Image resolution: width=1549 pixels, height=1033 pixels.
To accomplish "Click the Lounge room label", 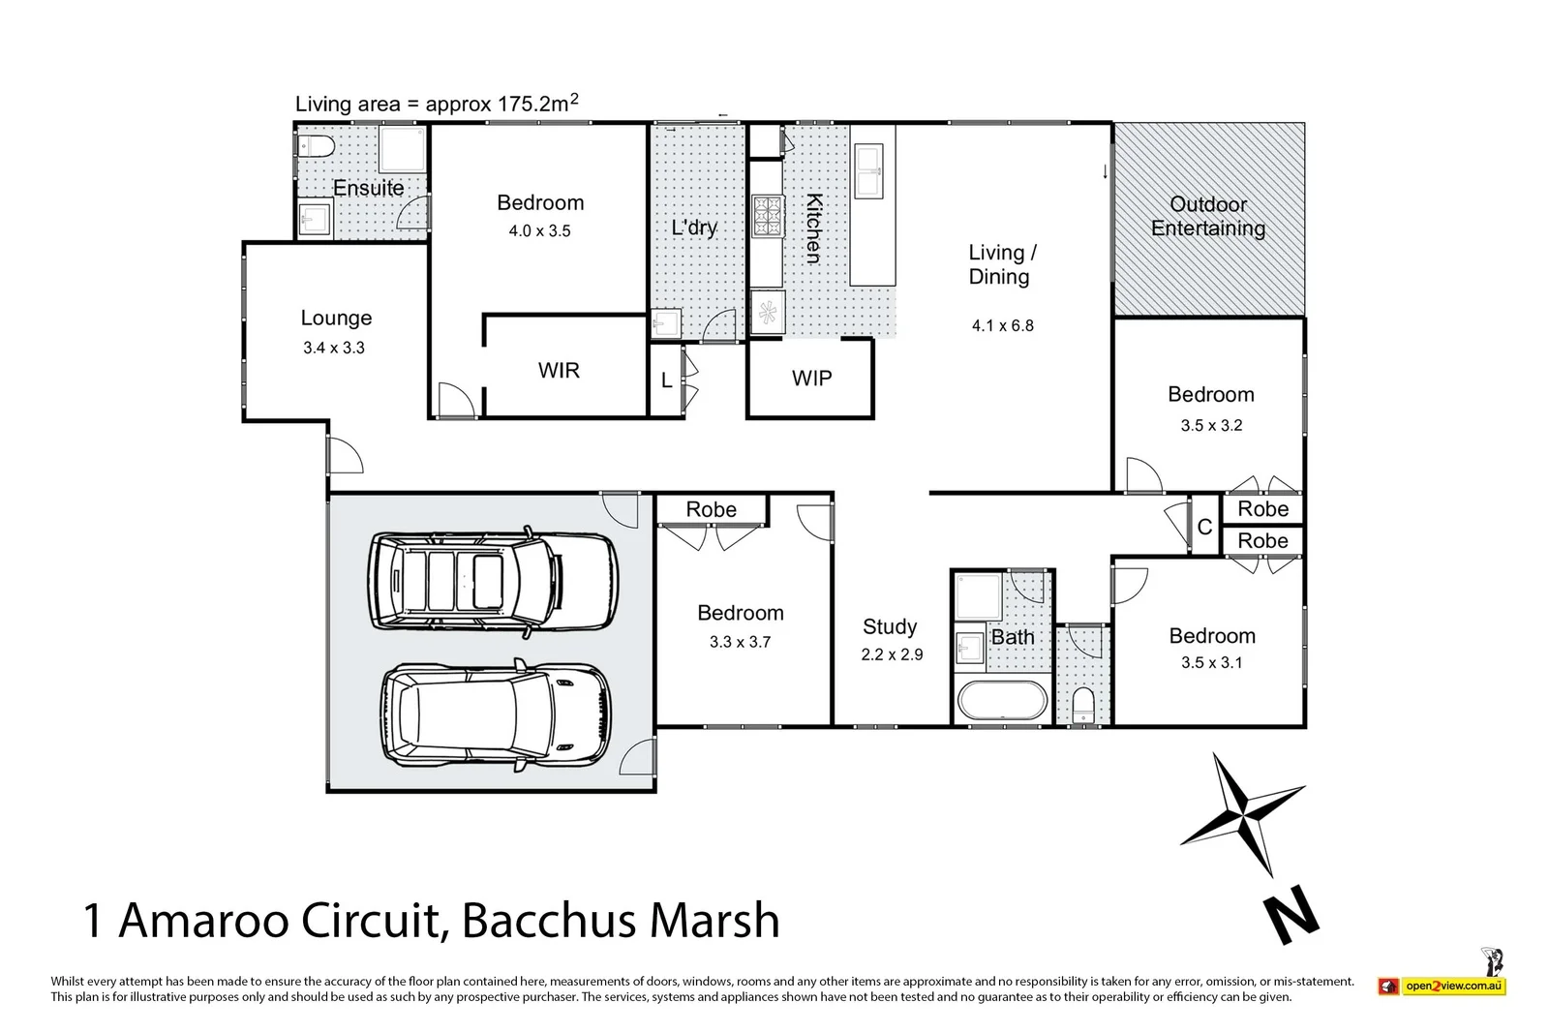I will tap(336, 319).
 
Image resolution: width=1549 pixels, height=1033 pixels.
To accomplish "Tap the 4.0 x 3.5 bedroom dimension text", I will tap(539, 231).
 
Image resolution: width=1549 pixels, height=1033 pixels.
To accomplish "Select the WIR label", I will tap(559, 370).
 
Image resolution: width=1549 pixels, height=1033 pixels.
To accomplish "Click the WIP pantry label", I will tap(811, 379).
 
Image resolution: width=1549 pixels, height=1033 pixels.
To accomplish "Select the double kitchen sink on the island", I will tap(868, 170).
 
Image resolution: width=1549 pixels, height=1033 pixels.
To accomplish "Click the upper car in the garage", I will tap(493, 580).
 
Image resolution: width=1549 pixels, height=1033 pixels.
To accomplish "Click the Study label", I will tap(890, 626).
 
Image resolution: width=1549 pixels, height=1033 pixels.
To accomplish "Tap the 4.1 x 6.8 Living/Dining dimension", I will tap(1002, 326).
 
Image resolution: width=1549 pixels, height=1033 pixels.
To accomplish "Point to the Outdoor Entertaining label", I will tap(1207, 216).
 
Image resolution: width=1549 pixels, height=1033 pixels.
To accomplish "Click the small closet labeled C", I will tap(1204, 528).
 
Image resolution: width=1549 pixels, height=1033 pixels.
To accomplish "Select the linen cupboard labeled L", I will tap(666, 381).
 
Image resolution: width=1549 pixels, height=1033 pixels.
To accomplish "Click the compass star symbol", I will tap(1242, 812).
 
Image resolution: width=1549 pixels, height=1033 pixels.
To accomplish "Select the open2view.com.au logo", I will tap(1442, 986).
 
